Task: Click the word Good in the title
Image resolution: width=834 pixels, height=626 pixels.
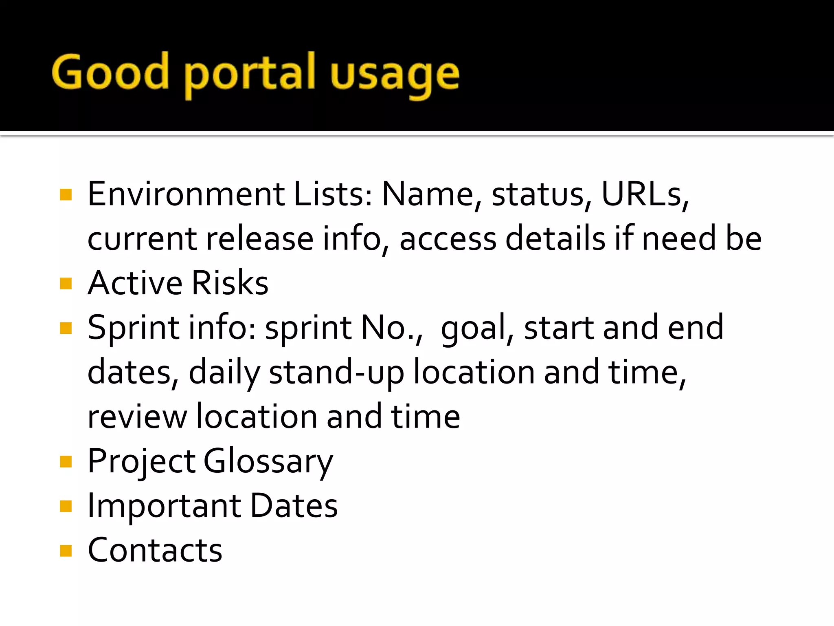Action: [110, 73]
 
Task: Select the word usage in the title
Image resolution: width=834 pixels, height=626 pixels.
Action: [394, 75]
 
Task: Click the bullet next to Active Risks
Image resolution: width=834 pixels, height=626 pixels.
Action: [66, 283]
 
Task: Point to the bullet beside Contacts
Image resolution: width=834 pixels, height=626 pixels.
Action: [66, 551]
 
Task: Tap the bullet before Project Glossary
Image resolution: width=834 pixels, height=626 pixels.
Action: [66, 462]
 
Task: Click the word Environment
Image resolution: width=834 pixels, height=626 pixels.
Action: [186, 194]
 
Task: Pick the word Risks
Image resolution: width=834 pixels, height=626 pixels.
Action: [230, 283]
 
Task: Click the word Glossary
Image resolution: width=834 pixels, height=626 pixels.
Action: [268, 462]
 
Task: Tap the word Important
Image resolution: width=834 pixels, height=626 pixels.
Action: [164, 506]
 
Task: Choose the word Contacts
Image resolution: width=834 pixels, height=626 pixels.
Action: [155, 550]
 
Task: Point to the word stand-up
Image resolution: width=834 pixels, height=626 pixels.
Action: [336, 373]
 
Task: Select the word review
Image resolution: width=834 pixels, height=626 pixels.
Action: [137, 417]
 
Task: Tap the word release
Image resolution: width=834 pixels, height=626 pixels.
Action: [260, 239]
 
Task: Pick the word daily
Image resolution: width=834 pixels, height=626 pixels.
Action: [224, 373]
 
